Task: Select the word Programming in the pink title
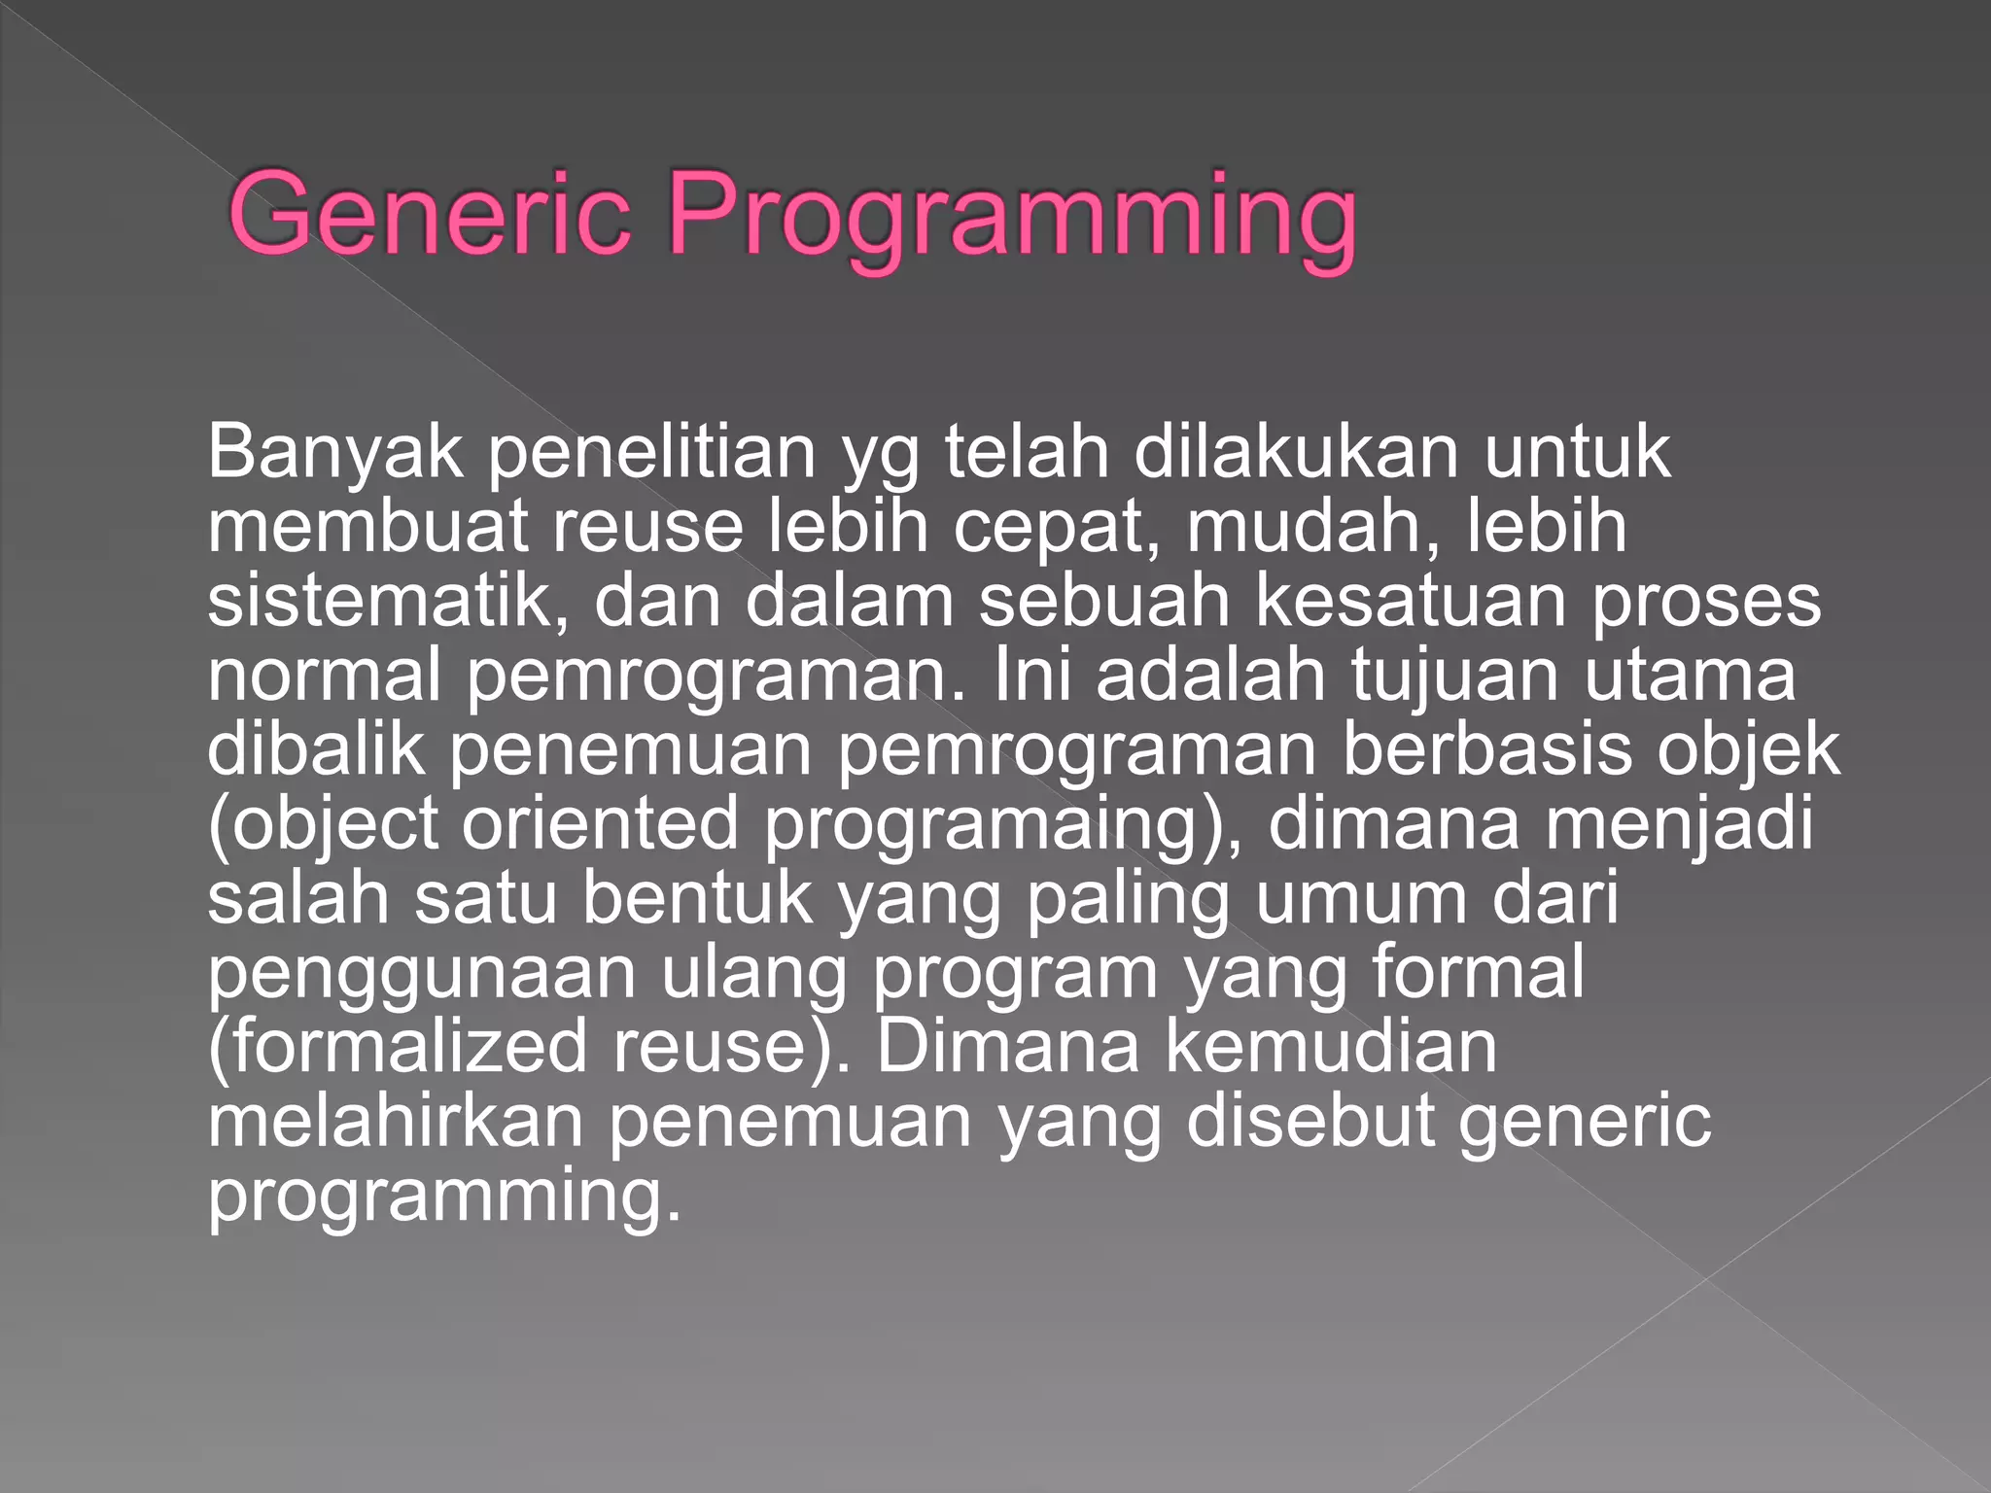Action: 1011,219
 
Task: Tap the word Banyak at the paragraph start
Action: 334,453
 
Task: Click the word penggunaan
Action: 421,975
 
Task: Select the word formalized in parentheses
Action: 398,1047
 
